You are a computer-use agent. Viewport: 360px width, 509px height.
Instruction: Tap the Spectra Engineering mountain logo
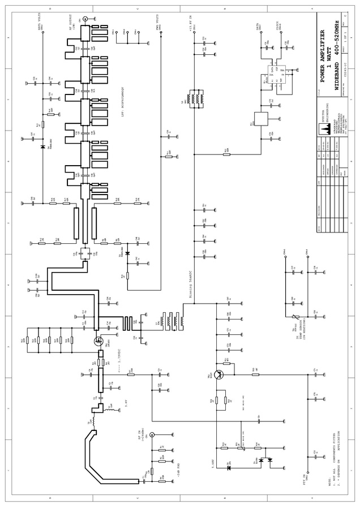[x=326, y=130]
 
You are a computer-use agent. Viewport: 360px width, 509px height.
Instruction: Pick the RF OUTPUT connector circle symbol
[x=85, y=19]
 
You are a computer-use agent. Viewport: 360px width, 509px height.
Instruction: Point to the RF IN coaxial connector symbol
[x=152, y=435]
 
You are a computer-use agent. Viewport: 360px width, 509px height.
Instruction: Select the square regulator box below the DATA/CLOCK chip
[x=262, y=119]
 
